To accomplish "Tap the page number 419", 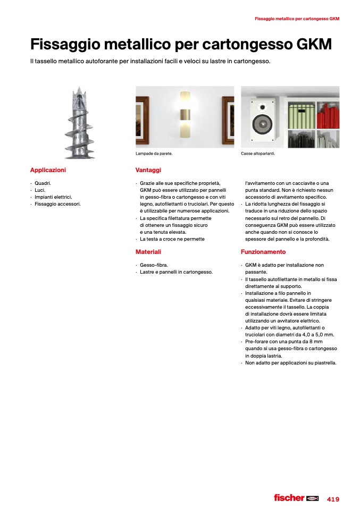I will coord(333,499).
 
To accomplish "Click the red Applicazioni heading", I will coord(48,170).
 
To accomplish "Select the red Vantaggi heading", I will coord(148,170).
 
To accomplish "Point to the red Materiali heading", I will coord(148,252).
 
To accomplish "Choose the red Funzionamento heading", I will coord(263,252).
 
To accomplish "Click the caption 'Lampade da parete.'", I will coord(154,154).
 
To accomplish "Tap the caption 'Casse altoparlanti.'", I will coord(258,154).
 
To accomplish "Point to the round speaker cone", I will coord(262,125).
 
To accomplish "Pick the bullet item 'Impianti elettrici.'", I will coord(53,197).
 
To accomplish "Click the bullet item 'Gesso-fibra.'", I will coord(154,265).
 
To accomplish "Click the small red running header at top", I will coord(297,19).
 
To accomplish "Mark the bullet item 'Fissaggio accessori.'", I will coord(57,203).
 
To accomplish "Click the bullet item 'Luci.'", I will coord(40,190).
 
